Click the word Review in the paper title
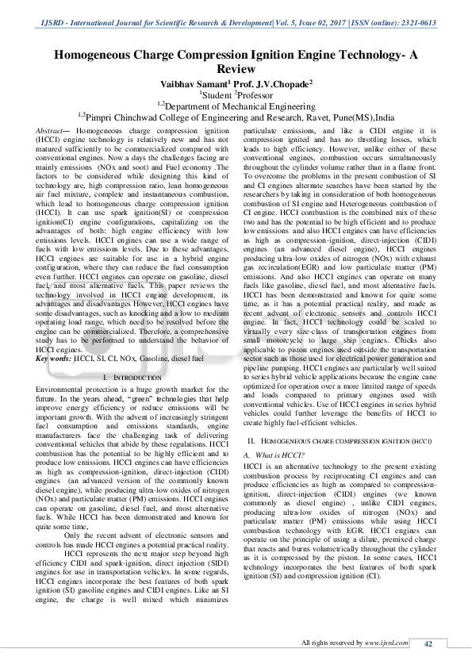pos(236,69)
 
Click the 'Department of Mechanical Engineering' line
pos(238,105)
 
